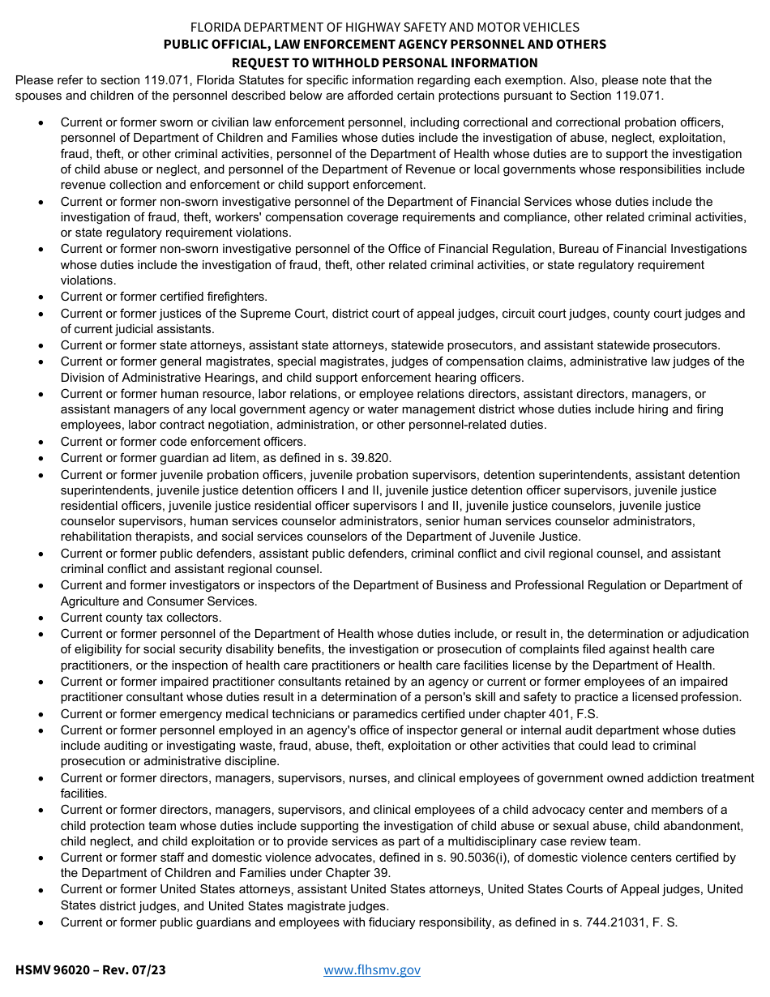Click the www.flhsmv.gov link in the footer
click(x=372, y=969)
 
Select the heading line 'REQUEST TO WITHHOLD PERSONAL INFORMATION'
click(x=384, y=62)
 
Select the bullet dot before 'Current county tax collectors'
click(x=41, y=618)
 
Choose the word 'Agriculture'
click(x=92, y=601)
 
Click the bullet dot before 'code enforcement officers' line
click(x=41, y=442)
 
